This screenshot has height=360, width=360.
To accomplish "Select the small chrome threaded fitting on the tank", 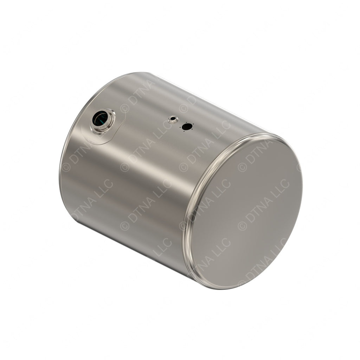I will click(173, 119).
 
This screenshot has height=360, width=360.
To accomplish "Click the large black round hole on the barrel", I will click(187, 127).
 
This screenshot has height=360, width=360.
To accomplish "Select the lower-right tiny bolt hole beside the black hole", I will click(192, 129).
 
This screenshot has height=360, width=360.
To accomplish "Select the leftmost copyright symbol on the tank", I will click(66, 166).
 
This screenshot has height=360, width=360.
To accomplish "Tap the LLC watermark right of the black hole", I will click(218, 128).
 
